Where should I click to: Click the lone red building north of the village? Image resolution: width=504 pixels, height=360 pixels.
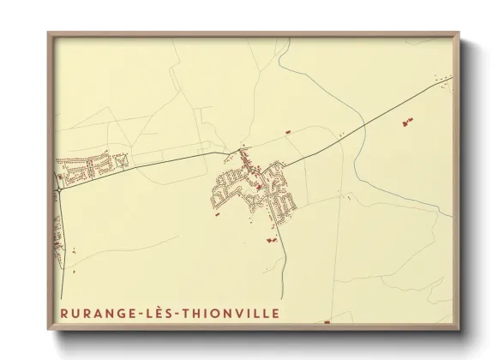(x=288, y=131)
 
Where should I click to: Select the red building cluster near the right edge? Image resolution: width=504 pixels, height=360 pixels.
(x=404, y=124)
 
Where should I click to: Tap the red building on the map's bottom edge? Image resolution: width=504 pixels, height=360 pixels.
(x=327, y=322)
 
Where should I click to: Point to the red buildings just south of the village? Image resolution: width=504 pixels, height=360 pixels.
(x=273, y=240)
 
